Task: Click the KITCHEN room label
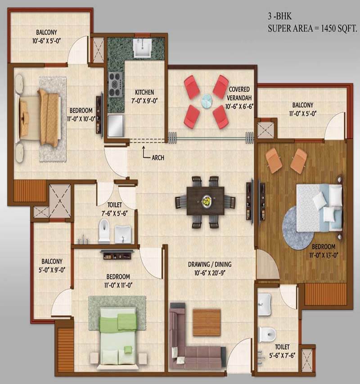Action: click(144, 92)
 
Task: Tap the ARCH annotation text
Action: click(158, 158)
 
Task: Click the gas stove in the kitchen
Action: click(115, 85)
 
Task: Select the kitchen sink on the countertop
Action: click(143, 48)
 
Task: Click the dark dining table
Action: click(205, 201)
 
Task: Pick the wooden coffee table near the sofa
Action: click(207, 322)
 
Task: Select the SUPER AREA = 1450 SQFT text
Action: click(312, 29)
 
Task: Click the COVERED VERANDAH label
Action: click(239, 94)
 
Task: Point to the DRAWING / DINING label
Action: click(210, 264)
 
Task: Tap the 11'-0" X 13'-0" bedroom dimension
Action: click(324, 255)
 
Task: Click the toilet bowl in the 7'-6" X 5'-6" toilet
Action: click(104, 230)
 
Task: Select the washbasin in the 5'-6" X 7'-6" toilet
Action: click(264, 304)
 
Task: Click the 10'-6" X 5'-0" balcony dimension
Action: click(46, 41)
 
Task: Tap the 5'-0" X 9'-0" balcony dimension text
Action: click(52, 270)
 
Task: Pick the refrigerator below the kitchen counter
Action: click(116, 126)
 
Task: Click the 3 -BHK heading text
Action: click(280, 16)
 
